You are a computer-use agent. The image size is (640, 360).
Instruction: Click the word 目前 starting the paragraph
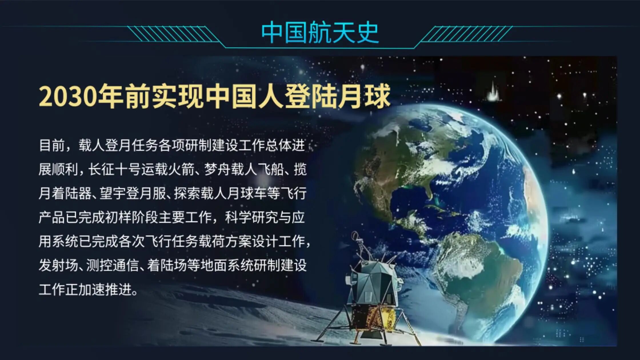[52, 145]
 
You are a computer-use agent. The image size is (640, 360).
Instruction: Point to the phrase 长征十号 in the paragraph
[114, 169]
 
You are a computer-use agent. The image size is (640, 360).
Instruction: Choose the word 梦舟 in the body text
[218, 169]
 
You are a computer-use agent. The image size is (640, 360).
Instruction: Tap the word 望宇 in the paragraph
[113, 193]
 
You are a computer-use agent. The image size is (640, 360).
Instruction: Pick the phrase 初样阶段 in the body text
[131, 217]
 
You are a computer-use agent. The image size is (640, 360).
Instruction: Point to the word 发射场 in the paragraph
[59, 265]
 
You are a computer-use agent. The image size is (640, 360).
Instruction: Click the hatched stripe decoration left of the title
[173, 34]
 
